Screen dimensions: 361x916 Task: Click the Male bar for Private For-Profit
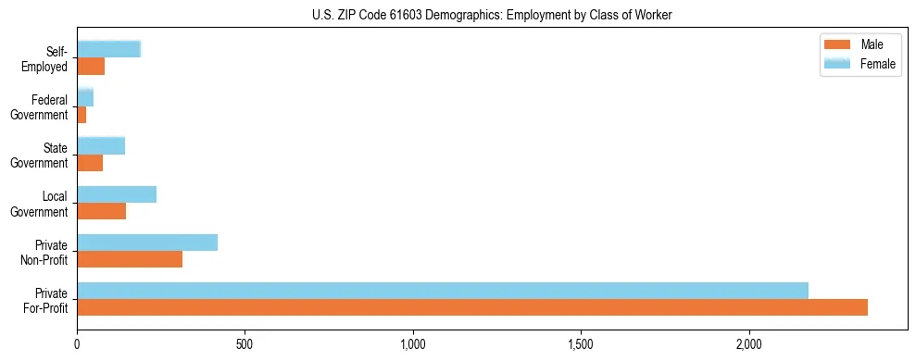pyautogui.click(x=472, y=307)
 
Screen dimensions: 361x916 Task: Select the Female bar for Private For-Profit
pyautogui.click(x=443, y=291)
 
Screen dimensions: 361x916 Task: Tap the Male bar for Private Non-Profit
pyautogui.click(x=130, y=259)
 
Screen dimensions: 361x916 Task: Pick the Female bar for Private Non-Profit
pyautogui.click(x=147, y=243)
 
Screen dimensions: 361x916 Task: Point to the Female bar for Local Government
pyautogui.click(x=117, y=194)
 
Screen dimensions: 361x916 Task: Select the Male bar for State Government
pyautogui.click(x=90, y=163)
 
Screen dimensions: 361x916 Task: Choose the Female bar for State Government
pyautogui.click(x=101, y=145)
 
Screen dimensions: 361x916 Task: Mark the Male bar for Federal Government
pyautogui.click(x=82, y=115)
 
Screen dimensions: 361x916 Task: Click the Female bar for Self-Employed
pyautogui.click(x=109, y=49)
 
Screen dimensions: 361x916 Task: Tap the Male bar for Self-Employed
pyautogui.click(x=91, y=67)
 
